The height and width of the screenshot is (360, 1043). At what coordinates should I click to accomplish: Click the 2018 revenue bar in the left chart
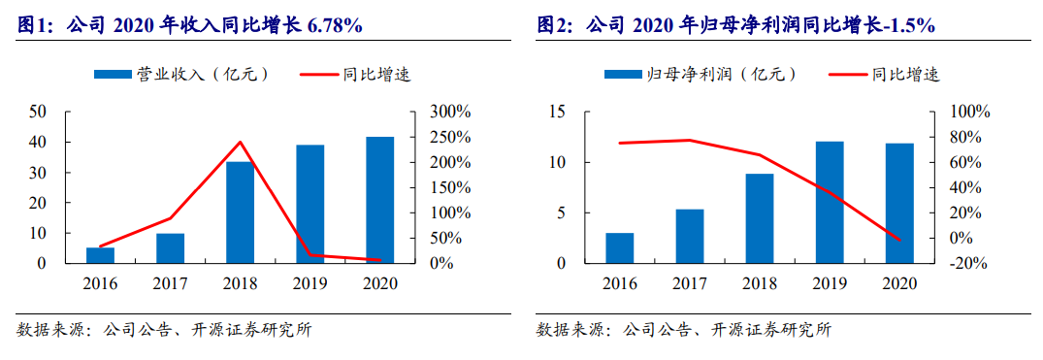click(x=240, y=213)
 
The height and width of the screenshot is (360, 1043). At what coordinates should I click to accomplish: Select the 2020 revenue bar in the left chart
click(x=379, y=200)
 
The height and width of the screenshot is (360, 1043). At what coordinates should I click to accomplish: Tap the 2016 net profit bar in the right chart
click(x=619, y=247)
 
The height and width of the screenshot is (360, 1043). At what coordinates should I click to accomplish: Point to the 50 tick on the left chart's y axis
click(x=38, y=112)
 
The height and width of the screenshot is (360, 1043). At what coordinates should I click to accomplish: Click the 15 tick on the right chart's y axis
click(x=557, y=112)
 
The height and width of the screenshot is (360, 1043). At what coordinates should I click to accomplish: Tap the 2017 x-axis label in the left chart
click(x=170, y=282)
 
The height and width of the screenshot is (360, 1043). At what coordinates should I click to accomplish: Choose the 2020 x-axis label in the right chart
click(x=899, y=282)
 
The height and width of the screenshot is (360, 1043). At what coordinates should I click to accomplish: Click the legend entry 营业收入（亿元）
click(x=180, y=74)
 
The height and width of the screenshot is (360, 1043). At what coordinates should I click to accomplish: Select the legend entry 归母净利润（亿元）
click(x=699, y=74)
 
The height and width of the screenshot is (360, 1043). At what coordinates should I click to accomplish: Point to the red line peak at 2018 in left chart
click(x=240, y=143)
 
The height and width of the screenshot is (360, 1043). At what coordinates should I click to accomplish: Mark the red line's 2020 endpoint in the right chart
click(x=899, y=240)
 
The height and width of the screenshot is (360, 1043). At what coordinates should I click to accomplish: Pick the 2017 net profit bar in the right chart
click(x=689, y=236)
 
